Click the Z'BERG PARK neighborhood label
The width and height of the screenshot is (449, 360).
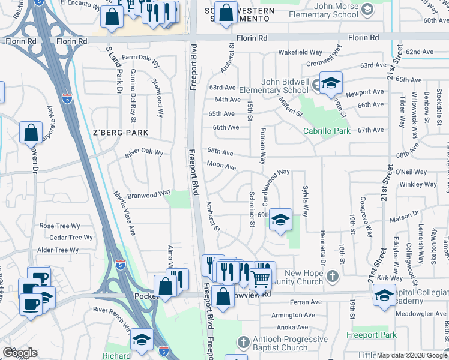tap(120, 132)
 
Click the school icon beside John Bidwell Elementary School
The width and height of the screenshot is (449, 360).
tap(330, 85)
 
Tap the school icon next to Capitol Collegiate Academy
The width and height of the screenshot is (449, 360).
tap(384, 296)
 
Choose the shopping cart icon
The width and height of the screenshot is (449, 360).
tap(259, 278)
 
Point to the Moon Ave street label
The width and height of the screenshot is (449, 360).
tap(221, 165)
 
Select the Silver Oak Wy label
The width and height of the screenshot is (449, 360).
tap(144, 152)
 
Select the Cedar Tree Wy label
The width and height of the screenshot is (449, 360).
tap(71, 238)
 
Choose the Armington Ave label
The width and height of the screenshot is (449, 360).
tap(294, 315)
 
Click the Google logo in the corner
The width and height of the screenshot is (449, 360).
tap(20, 353)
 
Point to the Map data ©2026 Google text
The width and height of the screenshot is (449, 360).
tap(411, 355)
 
